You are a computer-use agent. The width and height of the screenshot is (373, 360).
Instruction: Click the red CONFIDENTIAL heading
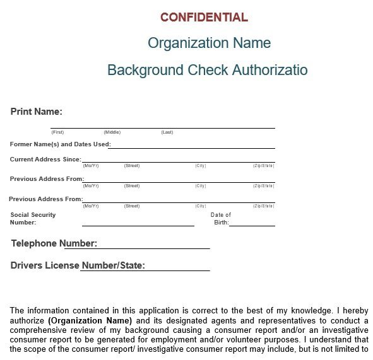click(204, 17)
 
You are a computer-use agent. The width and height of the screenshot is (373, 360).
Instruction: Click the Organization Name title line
click(209, 43)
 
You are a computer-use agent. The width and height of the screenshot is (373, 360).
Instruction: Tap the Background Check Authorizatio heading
click(208, 69)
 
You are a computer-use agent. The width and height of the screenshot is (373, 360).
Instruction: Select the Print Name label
click(36, 112)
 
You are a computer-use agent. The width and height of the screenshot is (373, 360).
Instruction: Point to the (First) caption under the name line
click(57, 132)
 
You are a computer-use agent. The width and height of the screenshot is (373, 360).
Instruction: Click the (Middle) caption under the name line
click(112, 132)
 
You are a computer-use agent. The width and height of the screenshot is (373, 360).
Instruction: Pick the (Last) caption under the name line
click(167, 132)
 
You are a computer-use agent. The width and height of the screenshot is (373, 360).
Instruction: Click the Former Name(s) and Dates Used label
click(60, 144)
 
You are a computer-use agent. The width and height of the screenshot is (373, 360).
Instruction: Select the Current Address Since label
click(45, 160)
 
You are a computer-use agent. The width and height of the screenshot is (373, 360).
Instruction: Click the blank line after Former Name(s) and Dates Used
click(192, 148)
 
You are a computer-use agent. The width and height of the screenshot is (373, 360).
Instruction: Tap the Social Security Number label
click(33, 218)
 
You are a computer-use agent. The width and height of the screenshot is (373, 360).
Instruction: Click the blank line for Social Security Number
click(138, 224)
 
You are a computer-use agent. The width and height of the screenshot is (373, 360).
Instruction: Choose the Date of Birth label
click(221, 218)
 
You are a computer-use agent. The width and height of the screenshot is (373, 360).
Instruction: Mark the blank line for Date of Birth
click(252, 224)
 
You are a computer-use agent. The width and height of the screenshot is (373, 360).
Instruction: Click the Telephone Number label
click(54, 243)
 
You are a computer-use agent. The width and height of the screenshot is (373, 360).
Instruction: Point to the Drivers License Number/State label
click(78, 265)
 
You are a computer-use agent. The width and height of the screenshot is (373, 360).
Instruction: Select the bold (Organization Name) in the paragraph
click(98, 320)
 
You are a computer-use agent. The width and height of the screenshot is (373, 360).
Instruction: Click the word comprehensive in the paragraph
click(39, 330)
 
